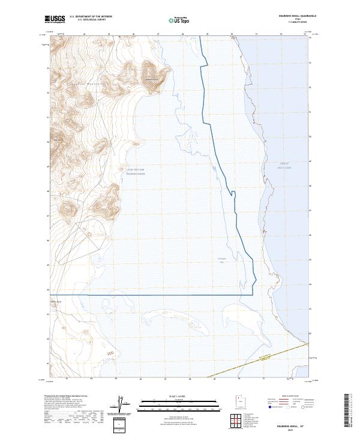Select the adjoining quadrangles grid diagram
pos(236,420)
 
